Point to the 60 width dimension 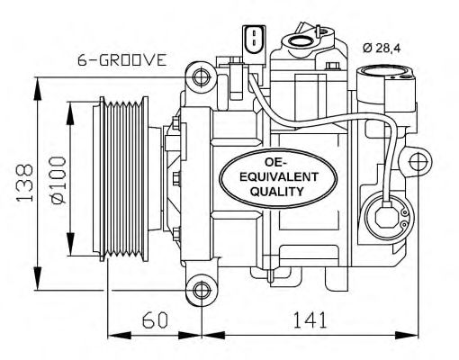pyautogui.click(x=154, y=319)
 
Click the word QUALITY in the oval pyautogui.click(x=265, y=192)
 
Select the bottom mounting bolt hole pyautogui.click(x=200, y=289)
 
